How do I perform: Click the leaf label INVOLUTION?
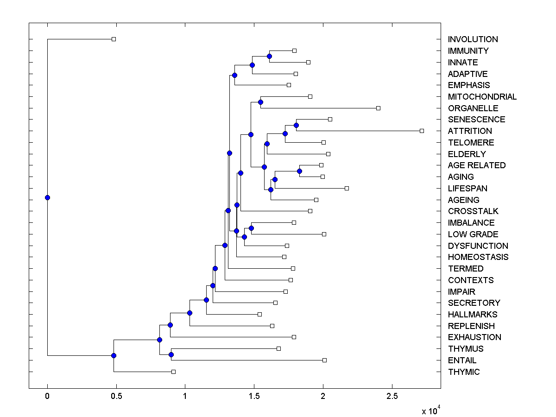[x=473, y=39]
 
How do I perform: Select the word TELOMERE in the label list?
[x=471, y=143]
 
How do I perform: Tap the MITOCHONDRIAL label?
[x=482, y=97]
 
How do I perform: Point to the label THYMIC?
[x=464, y=372]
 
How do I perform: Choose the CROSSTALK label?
[x=473, y=211]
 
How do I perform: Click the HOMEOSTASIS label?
[x=478, y=257]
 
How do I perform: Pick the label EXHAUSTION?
[x=474, y=337]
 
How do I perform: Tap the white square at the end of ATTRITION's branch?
[x=422, y=131]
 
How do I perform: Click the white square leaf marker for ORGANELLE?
[x=378, y=108]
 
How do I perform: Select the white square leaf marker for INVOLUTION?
[x=114, y=39]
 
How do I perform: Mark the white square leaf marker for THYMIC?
[x=173, y=372]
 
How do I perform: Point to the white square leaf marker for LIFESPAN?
[x=347, y=188]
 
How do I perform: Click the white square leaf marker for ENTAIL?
[x=324, y=360]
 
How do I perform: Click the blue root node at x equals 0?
[x=47, y=197]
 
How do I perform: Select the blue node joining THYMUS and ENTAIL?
[x=171, y=354]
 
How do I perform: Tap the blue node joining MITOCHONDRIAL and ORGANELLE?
[x=261, y=102]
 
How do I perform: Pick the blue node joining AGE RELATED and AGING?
[x=299, y=171]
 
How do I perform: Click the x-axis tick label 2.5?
[x=392, y=396]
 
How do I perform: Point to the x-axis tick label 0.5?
[x=116, y=396]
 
